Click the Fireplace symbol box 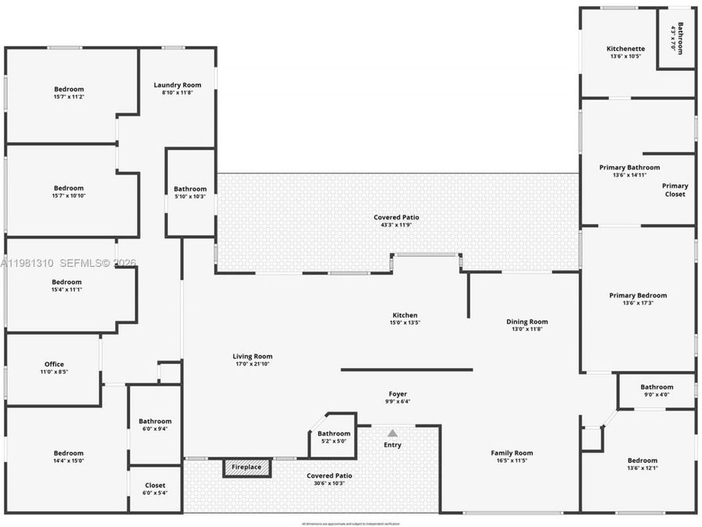click(x=246, y=468)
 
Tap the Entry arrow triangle click(x=392, y=433)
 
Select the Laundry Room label click(x=177, y=85)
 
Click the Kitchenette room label click(x=626, y=48)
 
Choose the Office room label click(x=54, y=364)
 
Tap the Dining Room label click(x=527, y=322)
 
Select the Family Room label click(x=512, y=453)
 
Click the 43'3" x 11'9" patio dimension click(x=397, y=225)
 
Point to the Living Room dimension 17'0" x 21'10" click(x=252, y=364)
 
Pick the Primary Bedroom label click(x=638, y=295)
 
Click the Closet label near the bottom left click(x=155, y=486)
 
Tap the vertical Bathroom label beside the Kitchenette click(x=680, y=37)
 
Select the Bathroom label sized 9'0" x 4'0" click(x=657, y=387)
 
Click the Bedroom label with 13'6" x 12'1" click(x=642, y=461)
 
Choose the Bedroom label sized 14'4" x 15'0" click(x=69, y=453)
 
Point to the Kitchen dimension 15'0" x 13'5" click(x=405, y=322)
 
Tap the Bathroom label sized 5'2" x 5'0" click(x=334, y=433)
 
